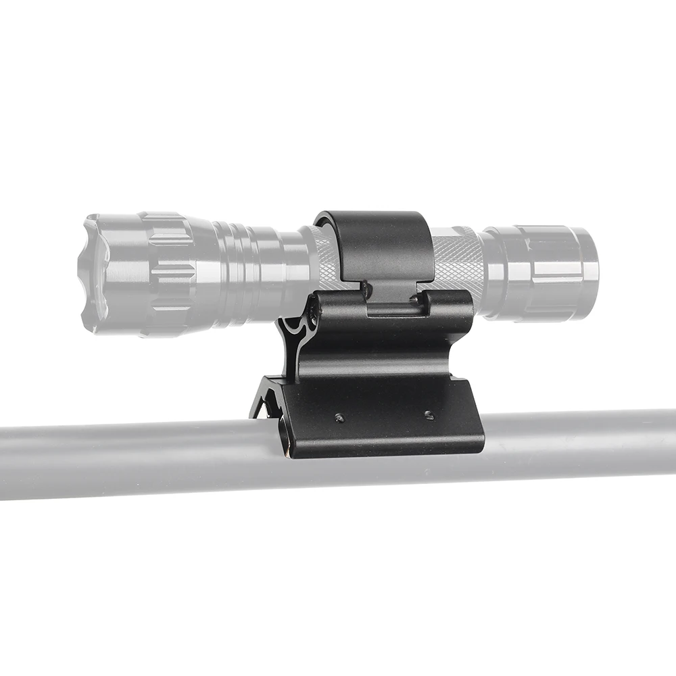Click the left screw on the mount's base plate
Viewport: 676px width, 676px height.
coord(339,418)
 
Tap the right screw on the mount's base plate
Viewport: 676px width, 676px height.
coord(429,414)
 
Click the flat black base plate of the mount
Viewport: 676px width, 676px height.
coord(385,426)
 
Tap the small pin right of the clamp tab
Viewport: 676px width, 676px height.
coord(414,298)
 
